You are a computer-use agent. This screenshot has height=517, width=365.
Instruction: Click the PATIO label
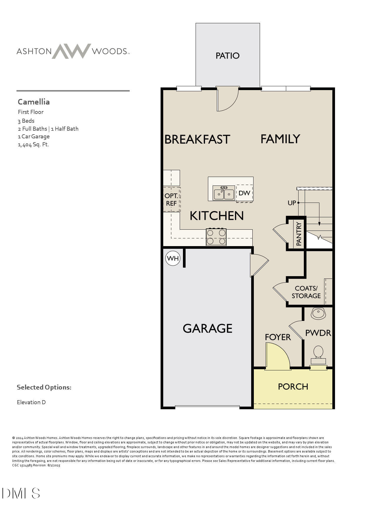point(227,56)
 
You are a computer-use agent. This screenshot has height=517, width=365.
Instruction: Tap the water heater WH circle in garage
point(173,258)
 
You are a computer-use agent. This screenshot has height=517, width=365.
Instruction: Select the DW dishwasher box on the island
point(244,193)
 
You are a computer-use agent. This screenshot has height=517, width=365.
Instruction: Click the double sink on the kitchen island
point(224,193)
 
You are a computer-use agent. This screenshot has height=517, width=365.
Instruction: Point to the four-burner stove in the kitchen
point(216,237)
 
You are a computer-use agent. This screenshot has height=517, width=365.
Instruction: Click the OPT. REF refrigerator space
point(171,200)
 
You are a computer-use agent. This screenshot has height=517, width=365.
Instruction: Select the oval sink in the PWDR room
point(318,313)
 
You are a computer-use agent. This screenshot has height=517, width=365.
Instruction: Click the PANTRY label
point(299,234)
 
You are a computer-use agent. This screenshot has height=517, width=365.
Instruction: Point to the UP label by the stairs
point(292,203)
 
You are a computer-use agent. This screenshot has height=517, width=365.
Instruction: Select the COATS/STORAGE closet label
point(306,292)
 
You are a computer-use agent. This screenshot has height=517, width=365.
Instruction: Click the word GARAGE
point(207,329)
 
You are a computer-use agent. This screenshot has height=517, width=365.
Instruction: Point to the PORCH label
point(293,387)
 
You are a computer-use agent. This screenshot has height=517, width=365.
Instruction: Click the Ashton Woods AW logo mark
point(71,51)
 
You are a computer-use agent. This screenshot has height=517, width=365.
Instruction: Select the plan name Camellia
point(34,102)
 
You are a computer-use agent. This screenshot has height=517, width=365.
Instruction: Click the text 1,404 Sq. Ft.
point(33,145)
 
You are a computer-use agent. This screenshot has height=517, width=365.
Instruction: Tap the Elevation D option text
point(31,402)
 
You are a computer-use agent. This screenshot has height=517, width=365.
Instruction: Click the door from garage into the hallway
point(258,265)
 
